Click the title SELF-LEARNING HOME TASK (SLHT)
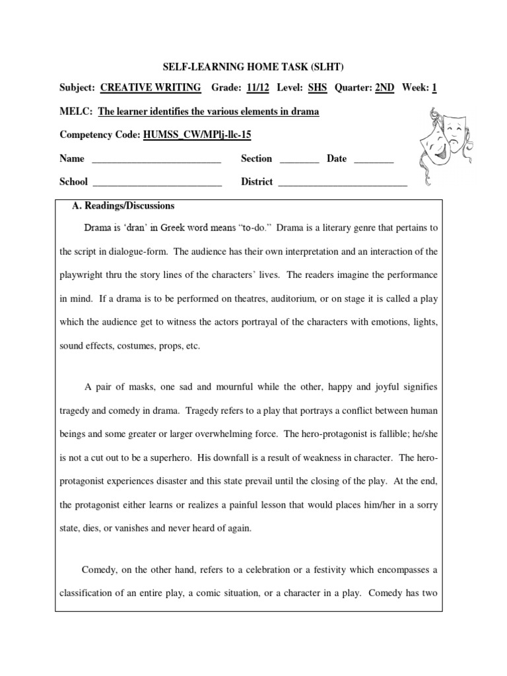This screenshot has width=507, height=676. coord(253,66)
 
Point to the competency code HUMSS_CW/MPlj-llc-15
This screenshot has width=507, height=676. coord(197,135)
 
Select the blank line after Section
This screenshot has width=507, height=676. coord(300,160)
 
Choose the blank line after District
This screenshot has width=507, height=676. coord(343,183)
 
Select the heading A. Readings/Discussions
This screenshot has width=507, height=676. coord(123,205)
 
